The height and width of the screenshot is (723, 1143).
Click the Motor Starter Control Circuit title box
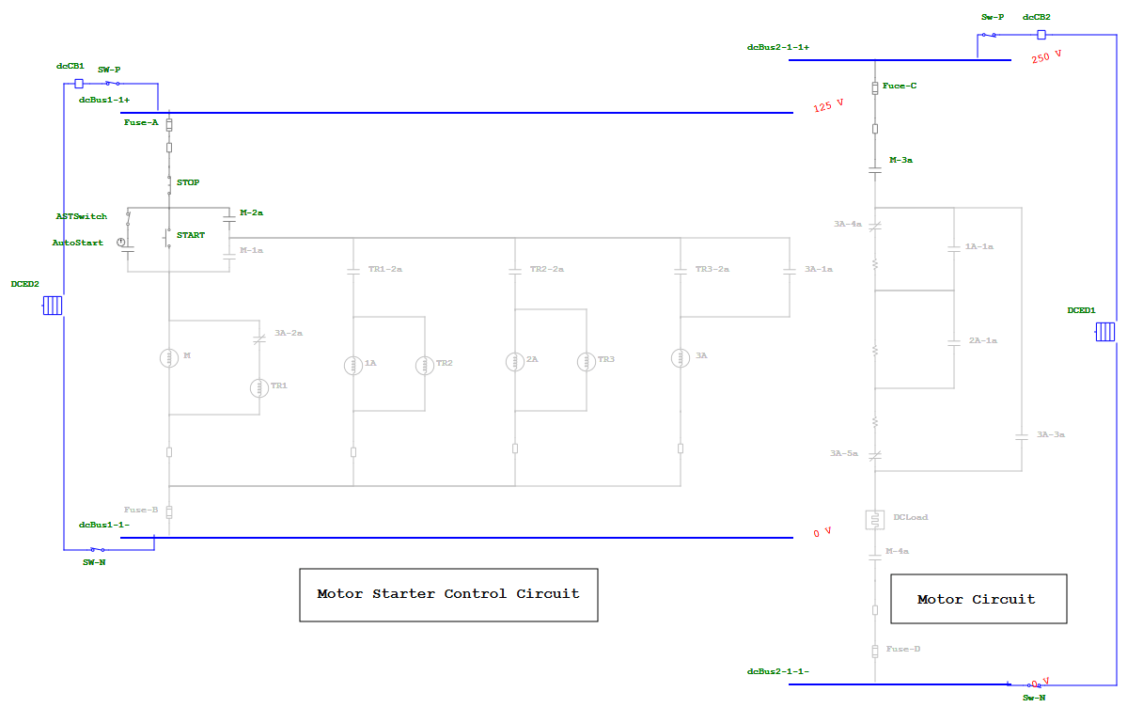coord(448,594)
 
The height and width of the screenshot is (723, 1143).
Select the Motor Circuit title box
coord(977,599)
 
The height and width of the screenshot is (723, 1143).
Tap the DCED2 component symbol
coord(52,306)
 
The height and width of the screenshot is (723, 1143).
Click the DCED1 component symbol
coord(1104,332)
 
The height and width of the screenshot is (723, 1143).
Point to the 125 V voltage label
coord(828,106)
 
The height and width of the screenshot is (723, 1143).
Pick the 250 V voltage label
coord(1046,57)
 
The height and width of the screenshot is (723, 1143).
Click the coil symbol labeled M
coord(169,357)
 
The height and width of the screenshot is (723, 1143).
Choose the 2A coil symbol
coord(515,361)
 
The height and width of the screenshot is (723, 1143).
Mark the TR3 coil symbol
coord(587,361)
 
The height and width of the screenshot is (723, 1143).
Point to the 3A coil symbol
coord(681,357)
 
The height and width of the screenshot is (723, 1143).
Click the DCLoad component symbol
coord(875,519)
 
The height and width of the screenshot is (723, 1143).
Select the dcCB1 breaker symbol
coord(79,83)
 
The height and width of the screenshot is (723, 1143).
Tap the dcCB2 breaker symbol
coord(1041,35)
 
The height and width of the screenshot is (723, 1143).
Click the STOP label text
coord(188,182)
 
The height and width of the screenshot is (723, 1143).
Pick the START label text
coord(190,235)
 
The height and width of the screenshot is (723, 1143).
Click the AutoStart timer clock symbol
coord(121,243)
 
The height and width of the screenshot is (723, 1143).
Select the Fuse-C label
coord(899,86)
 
